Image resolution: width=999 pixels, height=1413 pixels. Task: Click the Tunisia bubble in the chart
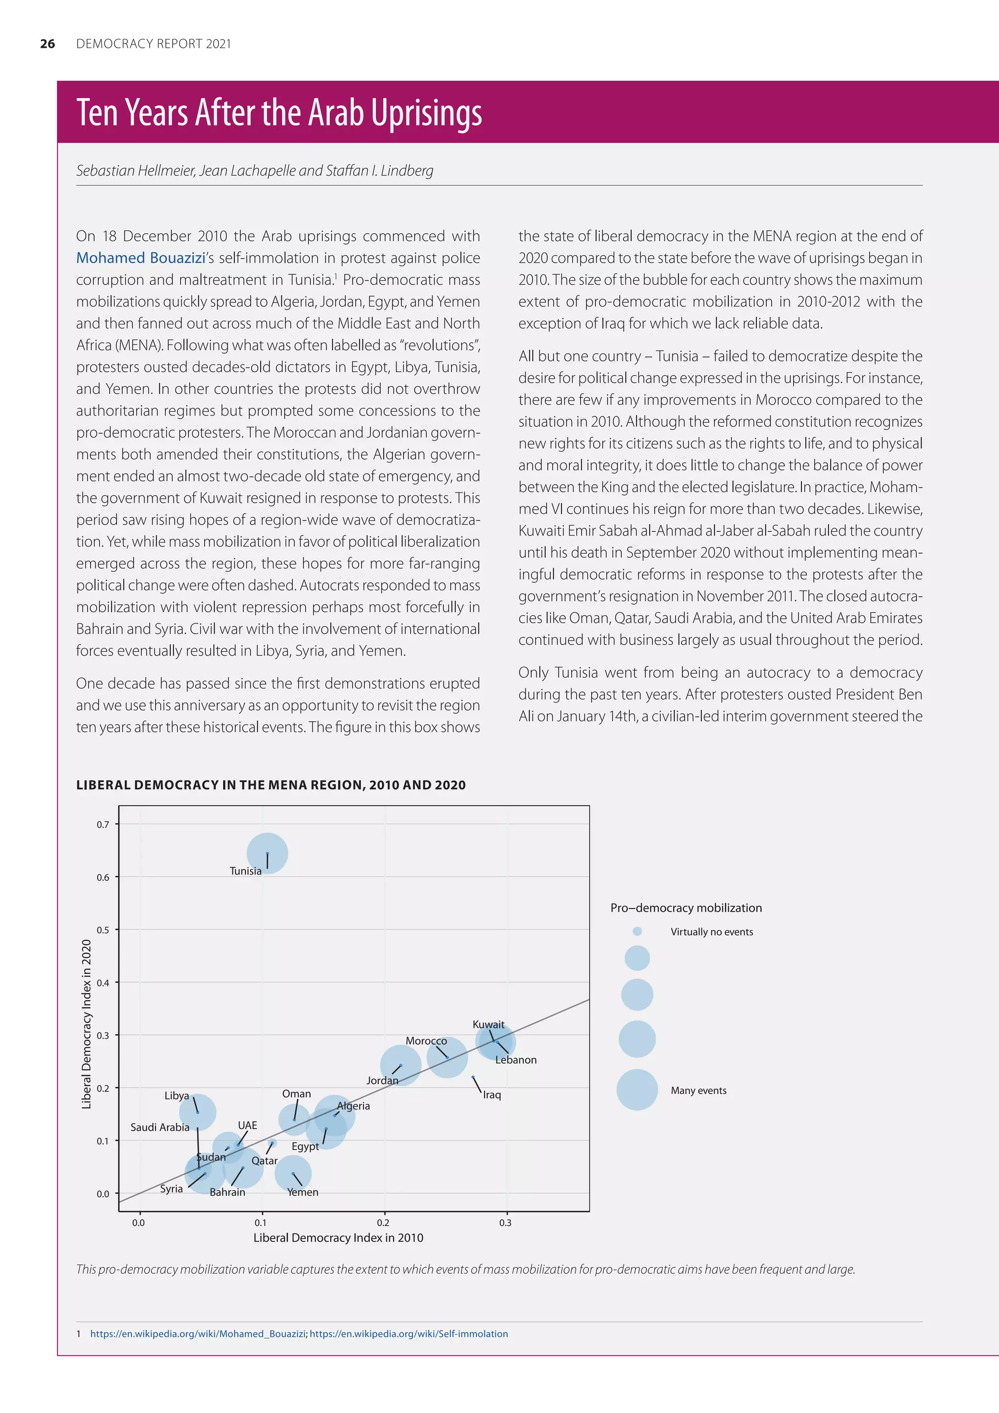point(267,853)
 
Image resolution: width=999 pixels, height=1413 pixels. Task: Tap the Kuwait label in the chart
point(488,1025)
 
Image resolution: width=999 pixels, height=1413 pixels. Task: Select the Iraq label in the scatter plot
point(492,1095)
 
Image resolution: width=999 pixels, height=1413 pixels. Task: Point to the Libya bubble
point(198,1112)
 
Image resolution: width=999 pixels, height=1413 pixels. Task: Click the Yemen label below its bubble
point(302,1192)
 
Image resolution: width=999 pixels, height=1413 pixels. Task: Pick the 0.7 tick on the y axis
point(103,825)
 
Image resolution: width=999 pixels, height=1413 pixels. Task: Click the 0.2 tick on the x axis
point(382,1223)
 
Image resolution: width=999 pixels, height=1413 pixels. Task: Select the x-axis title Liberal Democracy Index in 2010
point(339,1238)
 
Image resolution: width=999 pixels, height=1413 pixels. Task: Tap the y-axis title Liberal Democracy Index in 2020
point(86,1024)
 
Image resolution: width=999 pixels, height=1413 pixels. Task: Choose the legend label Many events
point(698,1090)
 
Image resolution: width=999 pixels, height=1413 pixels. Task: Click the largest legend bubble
point(637,1090)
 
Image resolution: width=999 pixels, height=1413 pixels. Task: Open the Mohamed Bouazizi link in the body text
point(140,258)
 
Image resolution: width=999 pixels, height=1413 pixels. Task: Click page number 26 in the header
point(47,44)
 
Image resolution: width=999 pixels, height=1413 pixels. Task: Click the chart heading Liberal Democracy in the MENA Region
point(271,785)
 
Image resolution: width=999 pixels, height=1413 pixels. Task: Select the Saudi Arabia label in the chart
point(160,1127)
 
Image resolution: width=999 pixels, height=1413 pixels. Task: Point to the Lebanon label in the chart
point(516,1060)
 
